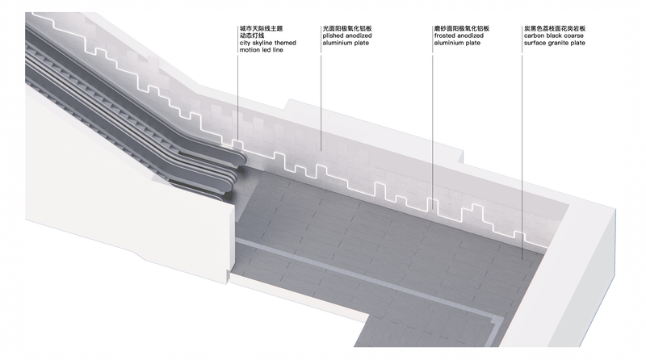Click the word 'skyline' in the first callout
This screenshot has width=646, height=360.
pyautogui.click(x=262, y=43)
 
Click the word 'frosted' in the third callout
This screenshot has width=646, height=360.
pyautogui.click(x=444, y=36)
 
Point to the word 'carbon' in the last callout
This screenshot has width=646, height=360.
pyautogui.click(x=535, y=36)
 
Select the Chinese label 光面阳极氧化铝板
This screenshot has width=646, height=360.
pyautogui.click(x=347, y=28)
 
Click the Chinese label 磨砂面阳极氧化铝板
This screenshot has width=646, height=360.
pyautogui.click(x=461, y=28)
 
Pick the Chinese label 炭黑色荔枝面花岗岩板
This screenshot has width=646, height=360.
pyautogui.click(x=555, y=28)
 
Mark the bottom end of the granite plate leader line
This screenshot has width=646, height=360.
pyautogui.click(x=522, y=259)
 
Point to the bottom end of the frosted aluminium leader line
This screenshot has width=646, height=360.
pyautogui.click(x=432, y=211)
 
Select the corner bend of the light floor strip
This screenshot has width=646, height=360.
pyautogui.click(x=500, y=320)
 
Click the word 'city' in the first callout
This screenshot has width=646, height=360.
pyautogui.click(x=245, y=43)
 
